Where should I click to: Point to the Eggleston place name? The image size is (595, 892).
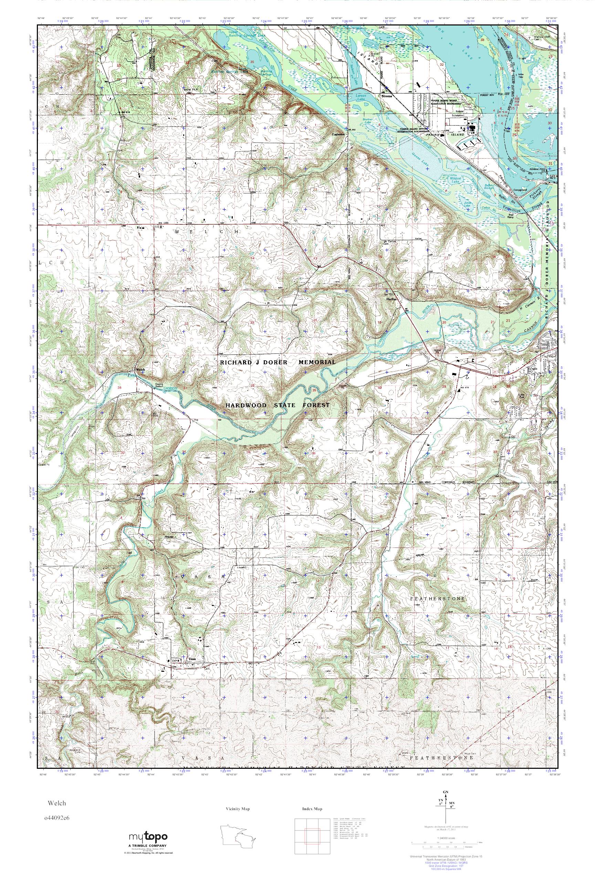point(338,134)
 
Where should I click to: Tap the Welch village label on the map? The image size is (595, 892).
point(140,369)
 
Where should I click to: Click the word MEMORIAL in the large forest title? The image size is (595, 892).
point(316,362)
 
